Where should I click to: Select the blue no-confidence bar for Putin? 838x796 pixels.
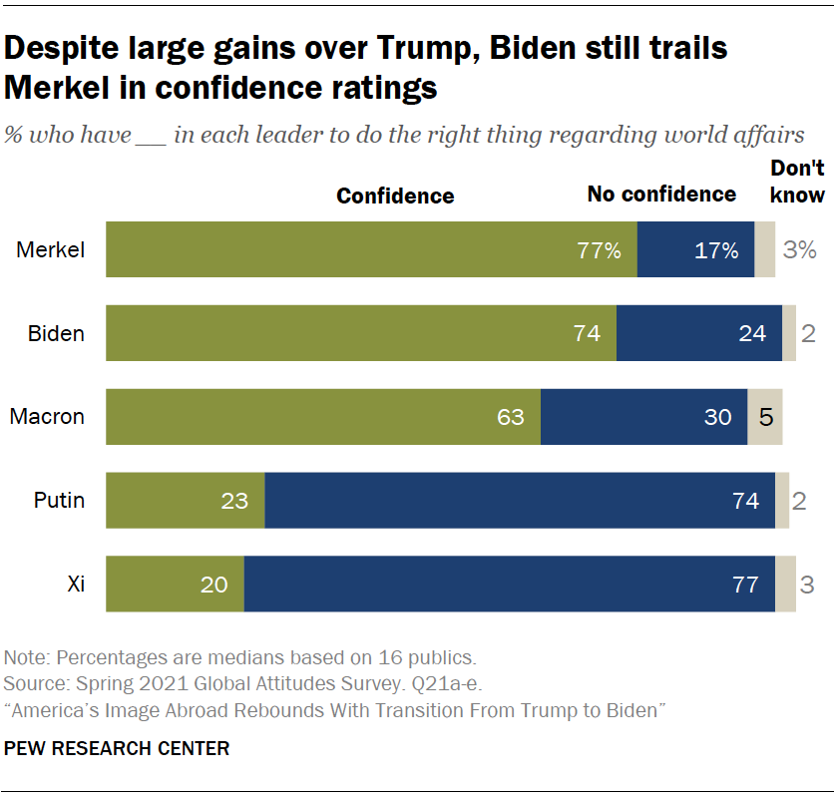519,501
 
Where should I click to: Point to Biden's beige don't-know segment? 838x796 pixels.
789,333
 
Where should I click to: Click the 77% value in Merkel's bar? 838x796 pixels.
600,250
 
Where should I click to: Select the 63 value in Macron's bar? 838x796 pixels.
511,417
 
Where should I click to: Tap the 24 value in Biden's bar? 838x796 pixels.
752,333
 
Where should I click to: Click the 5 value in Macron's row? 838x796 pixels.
766,417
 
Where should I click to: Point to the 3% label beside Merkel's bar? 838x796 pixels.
800,250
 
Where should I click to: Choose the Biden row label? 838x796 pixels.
56,333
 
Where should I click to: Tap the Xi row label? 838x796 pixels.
76,585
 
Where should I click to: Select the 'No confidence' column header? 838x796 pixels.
661,195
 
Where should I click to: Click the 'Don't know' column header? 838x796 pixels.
797,182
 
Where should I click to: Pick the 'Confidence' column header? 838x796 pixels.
395,197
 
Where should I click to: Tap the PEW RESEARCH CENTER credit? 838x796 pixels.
117,748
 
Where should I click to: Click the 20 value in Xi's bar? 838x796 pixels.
214,585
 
